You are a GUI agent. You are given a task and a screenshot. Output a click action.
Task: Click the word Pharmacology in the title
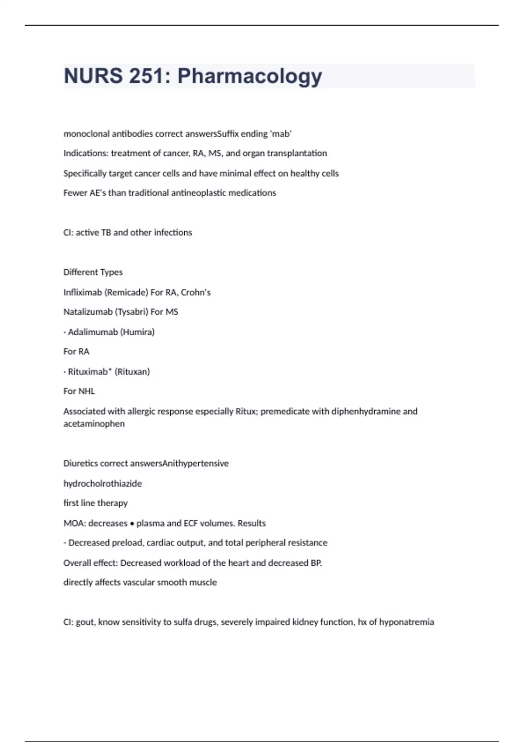click(250, 76)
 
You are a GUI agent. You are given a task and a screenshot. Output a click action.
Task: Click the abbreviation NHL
click(86, 391)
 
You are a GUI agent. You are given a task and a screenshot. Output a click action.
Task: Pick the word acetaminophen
click(94, 423)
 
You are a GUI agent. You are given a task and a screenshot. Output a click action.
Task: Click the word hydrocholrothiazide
click(103, 483)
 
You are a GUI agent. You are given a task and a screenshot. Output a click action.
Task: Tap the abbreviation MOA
click(73, 523)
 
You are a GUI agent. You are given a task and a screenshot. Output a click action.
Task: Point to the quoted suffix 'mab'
click(282, 134)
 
